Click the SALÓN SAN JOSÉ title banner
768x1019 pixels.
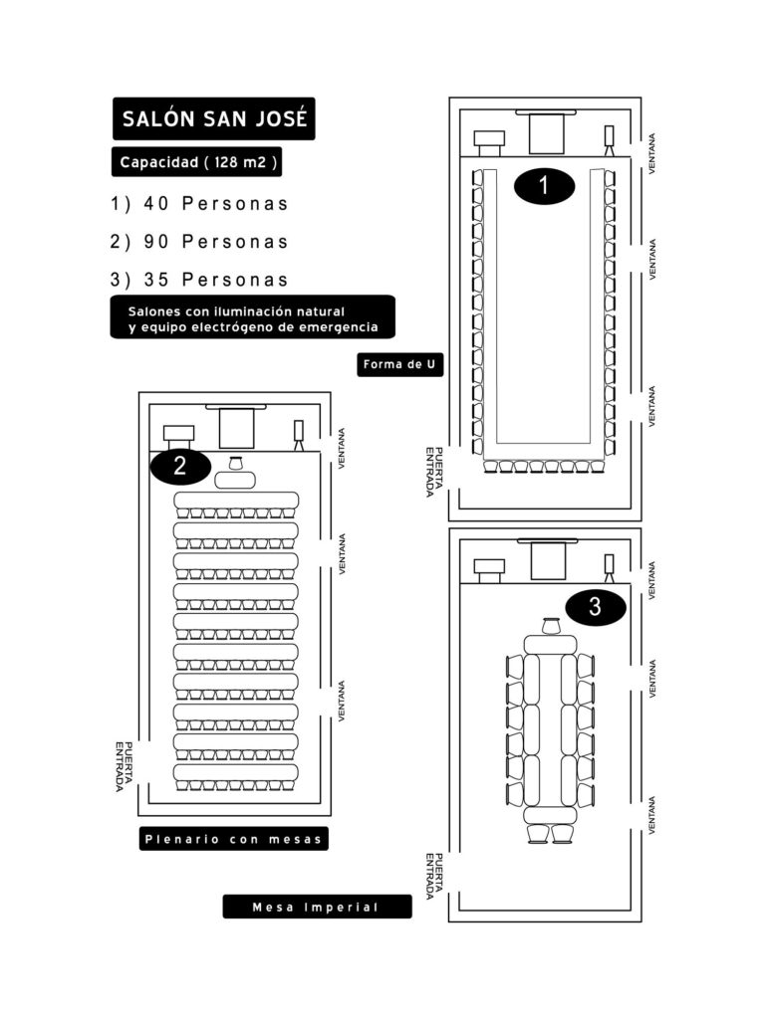tap(213, 119)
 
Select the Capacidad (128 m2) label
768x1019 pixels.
tap(196, 162)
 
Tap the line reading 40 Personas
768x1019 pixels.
tap(199, 203)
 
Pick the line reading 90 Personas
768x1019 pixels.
tap(199, 242)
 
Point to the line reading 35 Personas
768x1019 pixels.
tap(199, 280)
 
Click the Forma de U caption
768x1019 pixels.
tap(399, 364)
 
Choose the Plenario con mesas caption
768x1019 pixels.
tap(233, 839)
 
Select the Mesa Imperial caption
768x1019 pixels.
tap(317, 907)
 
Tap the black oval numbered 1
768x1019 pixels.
tap(544, 186)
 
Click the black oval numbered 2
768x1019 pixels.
tap(180, 466)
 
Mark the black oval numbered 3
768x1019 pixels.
tap(595, 607)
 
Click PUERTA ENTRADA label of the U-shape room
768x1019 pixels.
tap(434, 472)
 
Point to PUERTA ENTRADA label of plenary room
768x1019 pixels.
tap(125, 767)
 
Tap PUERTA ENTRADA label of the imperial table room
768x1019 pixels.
tap(434, 877)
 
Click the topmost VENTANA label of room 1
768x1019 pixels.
tap(651, 153)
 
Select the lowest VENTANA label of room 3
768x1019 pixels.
tap(651, 816)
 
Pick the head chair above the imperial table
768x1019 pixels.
tap(551, 625)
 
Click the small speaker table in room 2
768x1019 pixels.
tap(235, 481)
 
